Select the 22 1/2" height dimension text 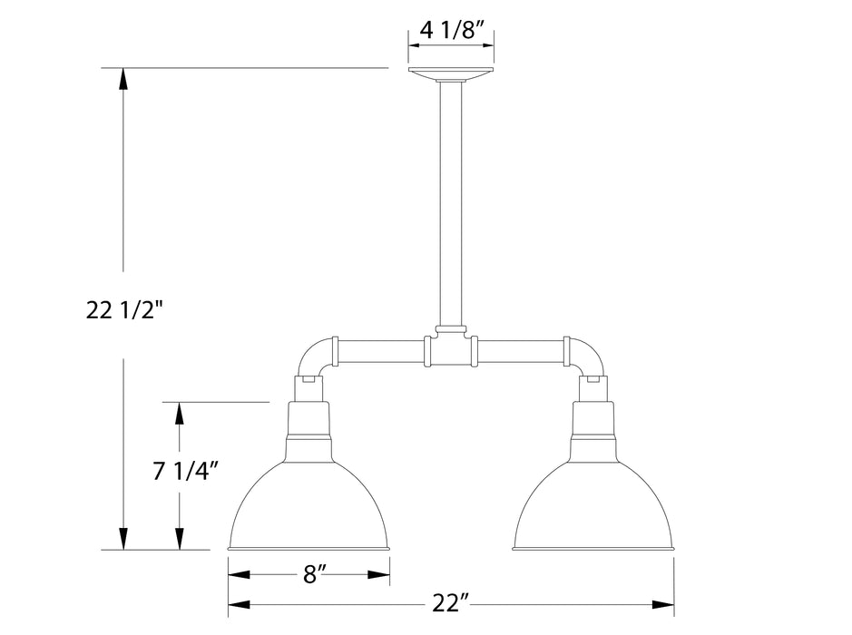click(124, 311)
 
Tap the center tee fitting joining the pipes click(451, 348)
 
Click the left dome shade click(309, 503)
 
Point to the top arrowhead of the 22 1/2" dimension click(124, 77)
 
